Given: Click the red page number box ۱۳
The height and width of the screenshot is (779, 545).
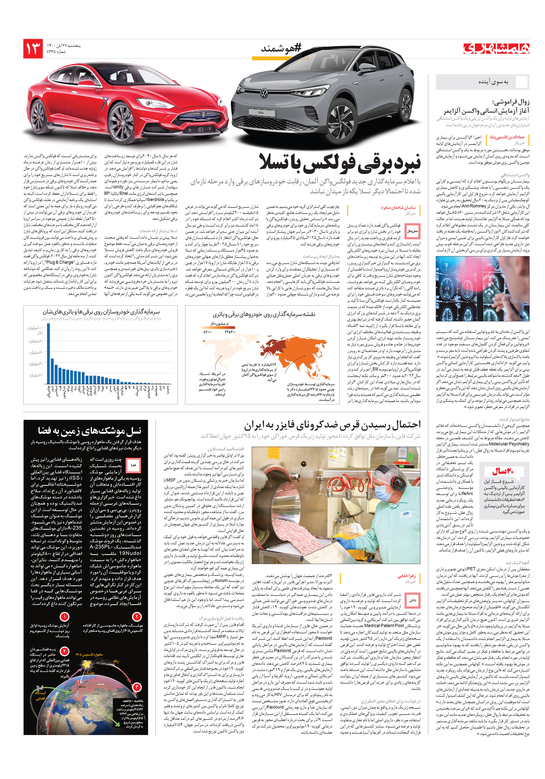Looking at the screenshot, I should tap(33, 49).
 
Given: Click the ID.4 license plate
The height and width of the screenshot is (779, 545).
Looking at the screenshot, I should tap(261, 112).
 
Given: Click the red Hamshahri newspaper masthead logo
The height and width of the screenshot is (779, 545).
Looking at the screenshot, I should tap(496, 49).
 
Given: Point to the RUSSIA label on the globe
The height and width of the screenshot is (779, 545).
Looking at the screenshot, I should tap(101, 684).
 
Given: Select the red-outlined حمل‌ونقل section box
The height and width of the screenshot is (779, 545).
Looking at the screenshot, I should tap(412, 231).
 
